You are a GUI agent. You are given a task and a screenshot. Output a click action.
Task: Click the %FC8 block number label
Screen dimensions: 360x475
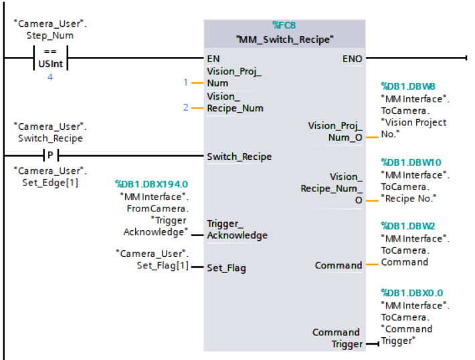(284, 26)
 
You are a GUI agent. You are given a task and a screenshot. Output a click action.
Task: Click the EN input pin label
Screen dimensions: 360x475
(213, 58)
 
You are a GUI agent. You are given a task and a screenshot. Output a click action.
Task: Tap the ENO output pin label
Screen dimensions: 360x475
(352, 58)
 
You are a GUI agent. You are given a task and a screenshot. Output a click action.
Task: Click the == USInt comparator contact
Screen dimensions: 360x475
(50, 58)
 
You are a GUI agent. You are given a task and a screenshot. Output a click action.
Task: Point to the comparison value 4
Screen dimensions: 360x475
(50, 77)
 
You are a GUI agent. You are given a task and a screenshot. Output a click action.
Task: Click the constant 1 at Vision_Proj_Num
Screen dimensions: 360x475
(186, 82)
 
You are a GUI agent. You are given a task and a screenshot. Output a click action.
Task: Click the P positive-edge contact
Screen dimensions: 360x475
(50, 156)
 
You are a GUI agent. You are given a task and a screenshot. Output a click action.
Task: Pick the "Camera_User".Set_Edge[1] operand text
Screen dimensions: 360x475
(50, 175)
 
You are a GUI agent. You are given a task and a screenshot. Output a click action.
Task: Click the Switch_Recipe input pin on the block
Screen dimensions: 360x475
(239, 157)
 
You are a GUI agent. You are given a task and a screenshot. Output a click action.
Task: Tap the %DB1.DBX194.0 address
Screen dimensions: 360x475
(151, 183)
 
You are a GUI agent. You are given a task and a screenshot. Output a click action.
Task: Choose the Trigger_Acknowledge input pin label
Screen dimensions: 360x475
(237, 229)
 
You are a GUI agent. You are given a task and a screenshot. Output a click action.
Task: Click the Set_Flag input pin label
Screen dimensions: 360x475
(226, 268)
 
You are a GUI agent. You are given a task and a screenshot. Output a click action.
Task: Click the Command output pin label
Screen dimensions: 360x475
(338, 266)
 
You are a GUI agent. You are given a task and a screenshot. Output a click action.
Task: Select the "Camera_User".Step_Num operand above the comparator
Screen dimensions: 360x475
(50, 29)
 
